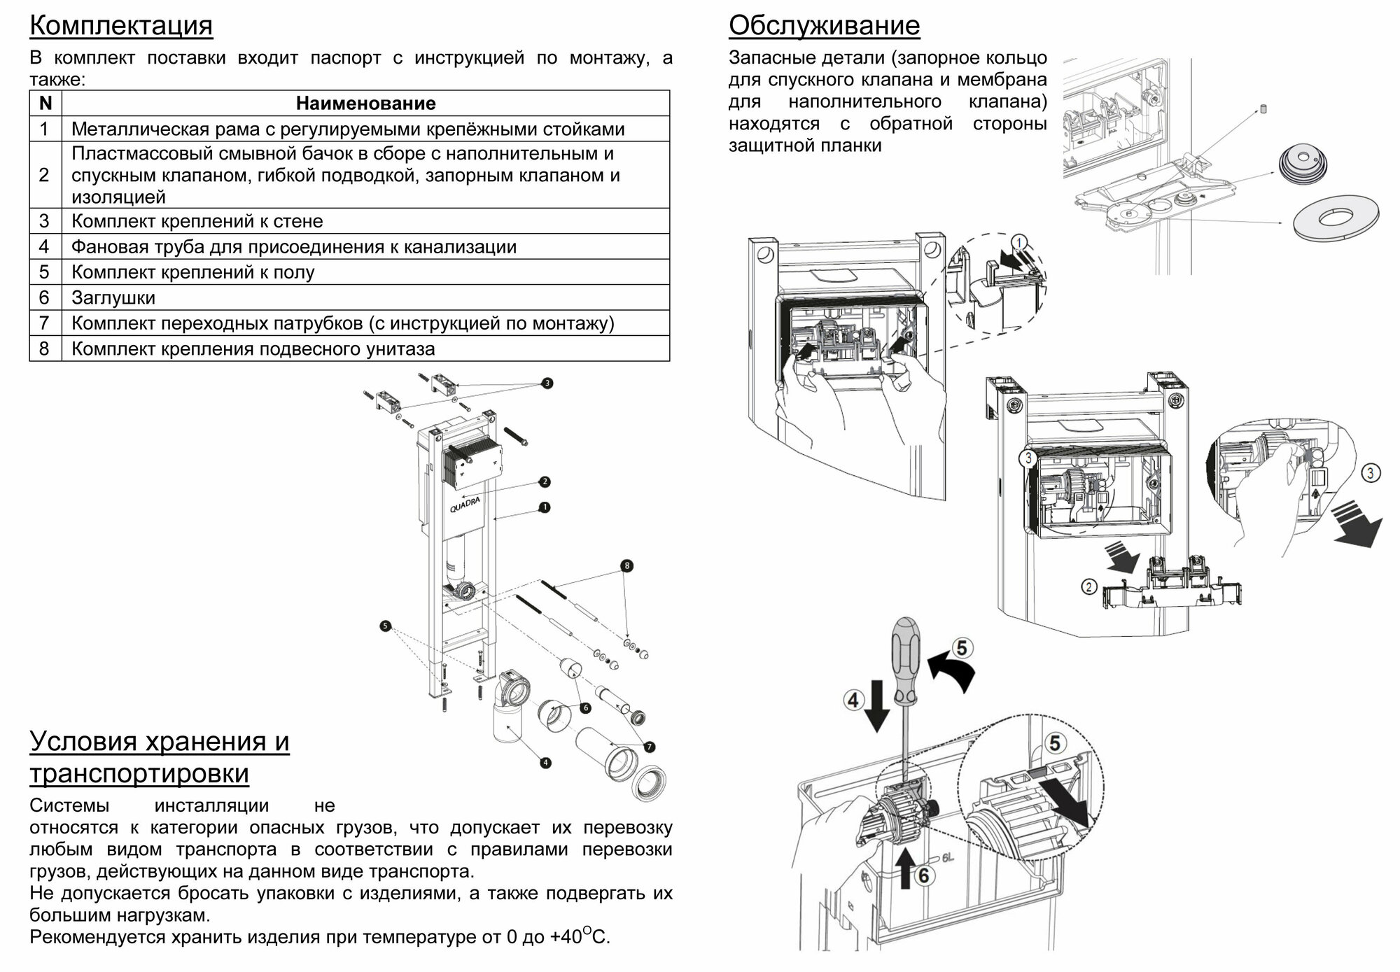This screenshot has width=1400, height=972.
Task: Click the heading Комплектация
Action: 121,26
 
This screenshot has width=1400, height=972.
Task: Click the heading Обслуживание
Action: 824,26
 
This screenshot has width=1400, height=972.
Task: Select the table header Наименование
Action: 365,104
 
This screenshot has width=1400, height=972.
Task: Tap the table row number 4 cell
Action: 45,246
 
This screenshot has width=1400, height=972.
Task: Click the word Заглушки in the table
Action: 113,297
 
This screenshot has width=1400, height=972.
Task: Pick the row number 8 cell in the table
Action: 45,348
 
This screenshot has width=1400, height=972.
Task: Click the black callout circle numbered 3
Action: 547,383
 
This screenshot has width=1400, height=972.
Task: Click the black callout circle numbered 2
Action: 545,481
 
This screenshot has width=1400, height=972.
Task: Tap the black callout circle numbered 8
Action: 626,565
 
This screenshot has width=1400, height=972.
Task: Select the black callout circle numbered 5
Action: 385,626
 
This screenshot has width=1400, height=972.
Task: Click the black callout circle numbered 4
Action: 546,763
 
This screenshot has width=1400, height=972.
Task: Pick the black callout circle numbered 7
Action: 650,747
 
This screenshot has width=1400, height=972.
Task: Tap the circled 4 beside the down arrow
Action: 853,700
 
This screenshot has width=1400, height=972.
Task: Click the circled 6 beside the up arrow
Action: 924,875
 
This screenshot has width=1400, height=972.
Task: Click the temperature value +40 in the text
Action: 566,938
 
